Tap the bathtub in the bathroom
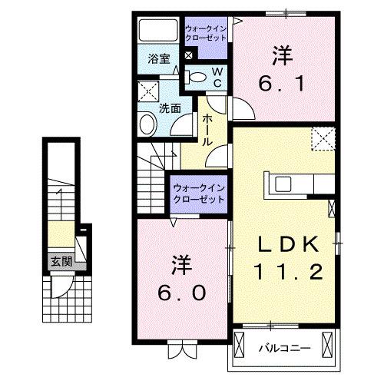(x=159, y=31)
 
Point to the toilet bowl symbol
(x=198, y=76)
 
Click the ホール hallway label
(x=207, y=130)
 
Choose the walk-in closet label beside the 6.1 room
(x=206, y=36)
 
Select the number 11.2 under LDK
(x=286, y=271)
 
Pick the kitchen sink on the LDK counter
(x=283, y=184)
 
